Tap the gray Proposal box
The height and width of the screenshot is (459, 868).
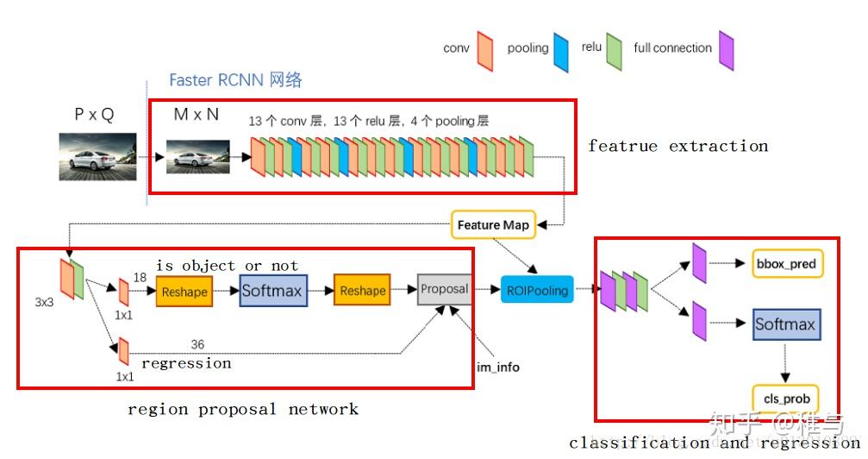(x=444, y=289)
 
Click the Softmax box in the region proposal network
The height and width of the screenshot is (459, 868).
(x=272, y=291)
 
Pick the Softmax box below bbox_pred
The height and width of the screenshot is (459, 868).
(x=784, y=325)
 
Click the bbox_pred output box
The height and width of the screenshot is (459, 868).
(x=784, y=263)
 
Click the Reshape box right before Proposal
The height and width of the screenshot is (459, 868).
(x=362, y=291)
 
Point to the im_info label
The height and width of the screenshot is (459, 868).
(x=498, y=367)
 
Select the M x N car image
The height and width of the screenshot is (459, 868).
(x=198, y=159)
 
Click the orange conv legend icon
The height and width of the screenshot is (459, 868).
(x=484, y=48)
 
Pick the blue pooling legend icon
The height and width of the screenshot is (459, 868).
(x=561, y=48)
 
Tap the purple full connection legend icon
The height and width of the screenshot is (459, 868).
(x=726, y=48)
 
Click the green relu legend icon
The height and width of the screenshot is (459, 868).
(x=615, y=48)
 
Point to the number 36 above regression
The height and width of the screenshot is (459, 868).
(x=197, y=344)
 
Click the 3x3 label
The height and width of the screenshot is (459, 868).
(x=46, y=304)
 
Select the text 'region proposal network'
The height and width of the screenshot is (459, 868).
(x=243, y=409)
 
